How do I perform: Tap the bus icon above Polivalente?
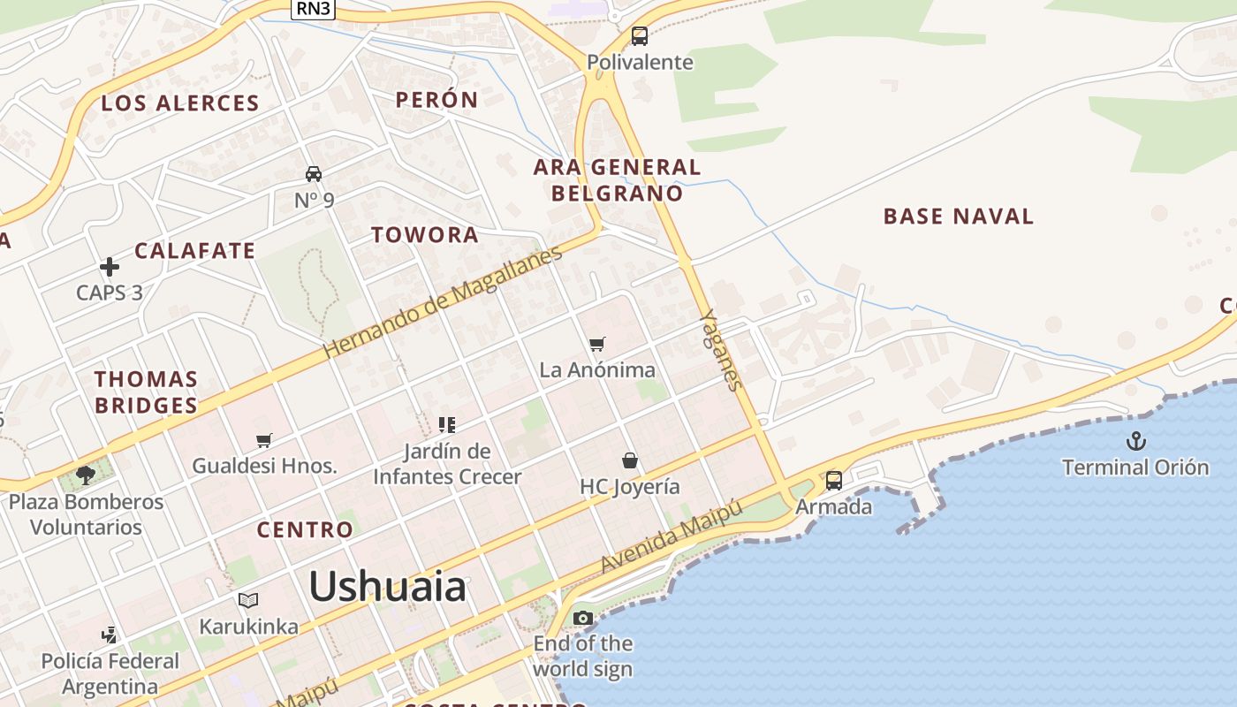(x=640, y=36)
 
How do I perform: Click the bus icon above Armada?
(x=833, y=481)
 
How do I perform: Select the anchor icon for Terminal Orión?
(x=1135, y=440)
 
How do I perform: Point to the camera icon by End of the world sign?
(x=583, y=618)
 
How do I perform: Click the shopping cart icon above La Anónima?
(x=598, y=344)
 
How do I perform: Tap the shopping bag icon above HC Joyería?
(x=630, y=460)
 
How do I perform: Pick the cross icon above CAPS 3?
(x=110, y=266)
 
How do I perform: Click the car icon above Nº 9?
(x=314, y=173)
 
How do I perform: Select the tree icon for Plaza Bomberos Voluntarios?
(x=85, y=475)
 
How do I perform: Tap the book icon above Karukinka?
(x=248, y=601)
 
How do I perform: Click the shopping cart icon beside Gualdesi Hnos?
(x=264, y=440)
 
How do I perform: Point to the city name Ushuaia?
(x=387, y=587)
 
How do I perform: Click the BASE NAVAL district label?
(x=958, y=217)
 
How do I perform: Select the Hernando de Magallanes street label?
(x=442, y=303)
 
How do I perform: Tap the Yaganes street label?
(x=720, y=349)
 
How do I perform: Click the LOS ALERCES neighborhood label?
(x=180, y=103)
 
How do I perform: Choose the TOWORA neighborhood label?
(x=425, y=235)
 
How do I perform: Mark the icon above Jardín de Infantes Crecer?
(x=447, y=425)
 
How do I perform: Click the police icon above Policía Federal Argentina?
(x=109, y=635)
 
